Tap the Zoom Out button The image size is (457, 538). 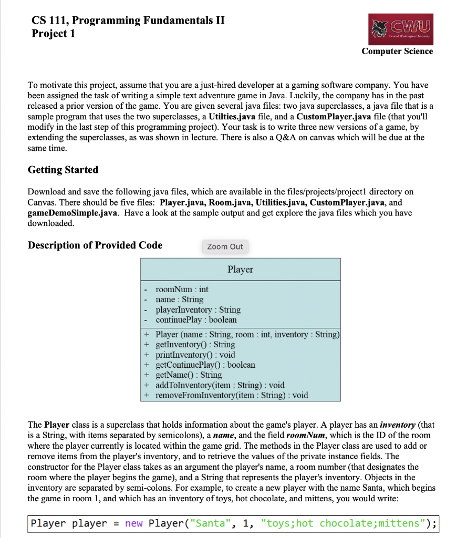coord(225,246)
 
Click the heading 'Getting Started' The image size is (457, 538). coord(63,170)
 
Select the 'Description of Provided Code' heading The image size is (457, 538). coord(95,245)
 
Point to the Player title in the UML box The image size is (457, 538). coord(240,270)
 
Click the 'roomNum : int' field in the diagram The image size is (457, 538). coord(182,289)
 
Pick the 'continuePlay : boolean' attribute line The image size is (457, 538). coord(196,319)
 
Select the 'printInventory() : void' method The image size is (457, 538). coord(195,355)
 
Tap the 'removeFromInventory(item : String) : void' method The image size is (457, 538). coord(232,395)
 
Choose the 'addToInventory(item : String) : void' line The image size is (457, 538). coord(220,385)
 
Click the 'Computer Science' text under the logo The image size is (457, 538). coord(397,51)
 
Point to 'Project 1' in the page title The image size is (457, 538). coord(53,34)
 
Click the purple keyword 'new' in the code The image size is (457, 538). coord(134,523)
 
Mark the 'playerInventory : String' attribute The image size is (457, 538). coord(198,309)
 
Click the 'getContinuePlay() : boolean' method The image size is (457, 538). coord(205,365)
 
